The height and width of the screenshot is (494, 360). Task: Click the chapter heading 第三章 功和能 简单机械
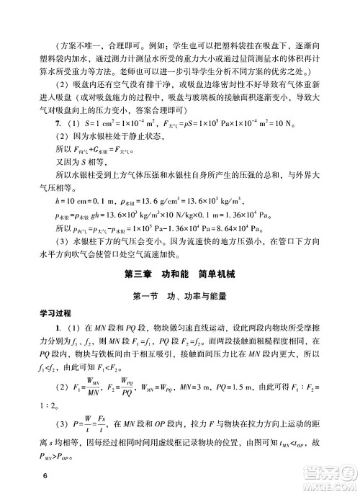click(179, 274)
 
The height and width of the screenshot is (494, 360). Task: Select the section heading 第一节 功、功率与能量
click(180, 296)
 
